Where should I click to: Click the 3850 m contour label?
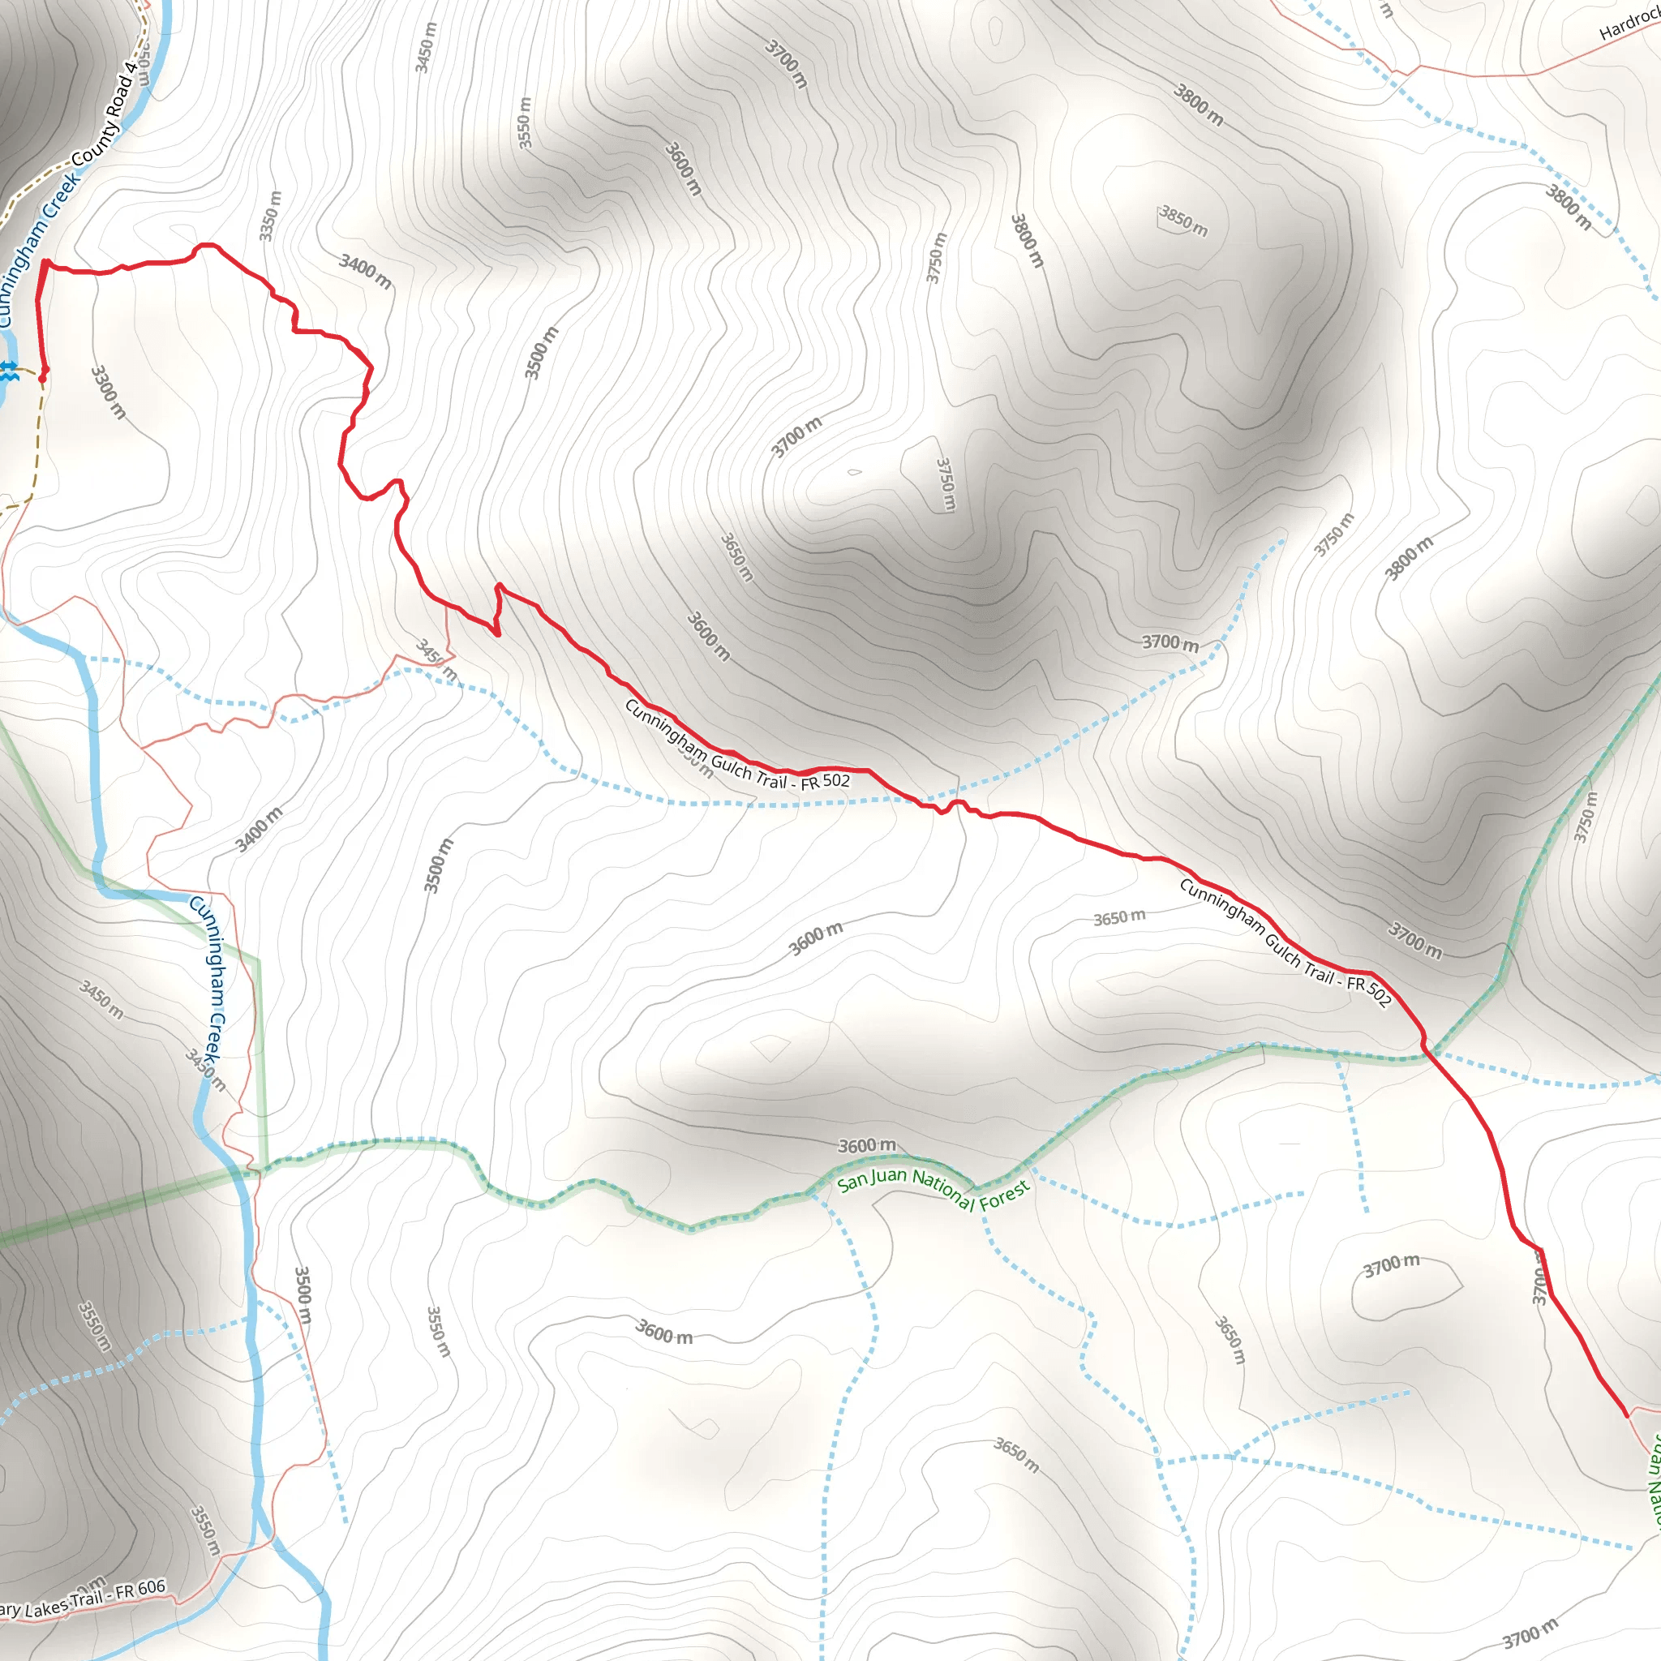[1183, 221]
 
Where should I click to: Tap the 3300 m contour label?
[109, 392]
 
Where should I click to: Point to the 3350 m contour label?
[270, 216]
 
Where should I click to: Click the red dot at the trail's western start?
[42, 376]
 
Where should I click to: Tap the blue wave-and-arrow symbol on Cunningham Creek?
[9, 372]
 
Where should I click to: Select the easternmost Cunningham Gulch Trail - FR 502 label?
[1285, 942]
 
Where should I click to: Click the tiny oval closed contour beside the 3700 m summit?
[854, 472]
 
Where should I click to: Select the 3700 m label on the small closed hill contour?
[1391, 1265]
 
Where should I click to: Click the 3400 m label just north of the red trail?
[366, 270]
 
